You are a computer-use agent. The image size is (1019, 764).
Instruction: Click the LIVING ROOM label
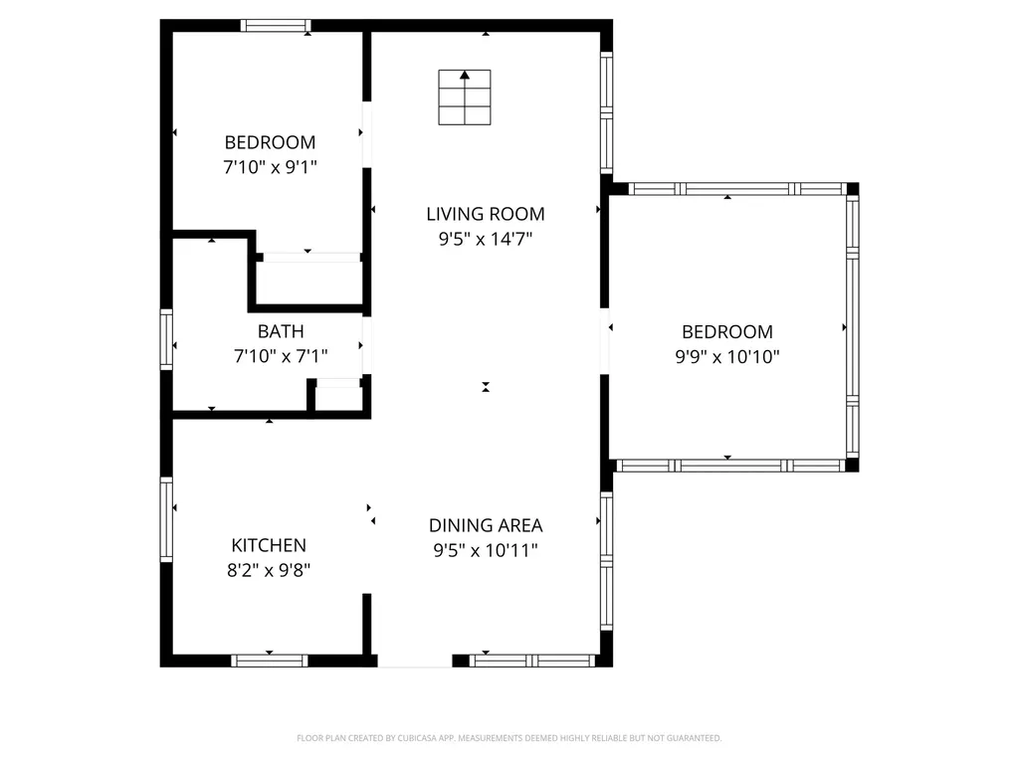click(486, 214)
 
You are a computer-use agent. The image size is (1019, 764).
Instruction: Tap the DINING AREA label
click(486, 525)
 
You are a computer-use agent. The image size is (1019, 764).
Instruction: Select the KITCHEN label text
click(269, 545)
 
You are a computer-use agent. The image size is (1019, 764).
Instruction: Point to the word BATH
click(281, 331)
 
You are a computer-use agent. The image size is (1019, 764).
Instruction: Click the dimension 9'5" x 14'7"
click(486, 239)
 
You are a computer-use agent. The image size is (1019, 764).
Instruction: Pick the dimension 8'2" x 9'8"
click(269, 570)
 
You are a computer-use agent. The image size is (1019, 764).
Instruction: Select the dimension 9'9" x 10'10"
click(727, 357)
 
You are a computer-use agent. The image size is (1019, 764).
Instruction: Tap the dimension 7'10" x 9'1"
click(270, 167)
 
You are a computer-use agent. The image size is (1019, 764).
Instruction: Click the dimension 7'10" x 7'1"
click(281, 356)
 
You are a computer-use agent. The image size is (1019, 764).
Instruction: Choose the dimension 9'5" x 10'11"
click(486, 550)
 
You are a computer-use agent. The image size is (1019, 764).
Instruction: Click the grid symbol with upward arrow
click(465, 97)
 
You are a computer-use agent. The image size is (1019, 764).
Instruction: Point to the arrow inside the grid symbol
click(465, 76)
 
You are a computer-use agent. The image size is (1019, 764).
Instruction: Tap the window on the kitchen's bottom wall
click(269, 661)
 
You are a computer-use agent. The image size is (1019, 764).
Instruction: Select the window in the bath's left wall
click(166, 340)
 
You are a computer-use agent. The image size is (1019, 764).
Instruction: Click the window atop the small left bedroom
click(276, 26)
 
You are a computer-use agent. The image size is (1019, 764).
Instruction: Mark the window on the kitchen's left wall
click(166, 519)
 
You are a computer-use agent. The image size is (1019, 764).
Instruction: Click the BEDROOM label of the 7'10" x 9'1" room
click(270, 142)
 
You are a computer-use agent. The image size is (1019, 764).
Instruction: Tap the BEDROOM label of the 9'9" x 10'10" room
click(727, 332)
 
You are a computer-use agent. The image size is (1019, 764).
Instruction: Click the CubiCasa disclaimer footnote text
click(509, 738)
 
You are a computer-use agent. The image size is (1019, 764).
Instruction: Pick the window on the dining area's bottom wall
click(532, 661)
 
